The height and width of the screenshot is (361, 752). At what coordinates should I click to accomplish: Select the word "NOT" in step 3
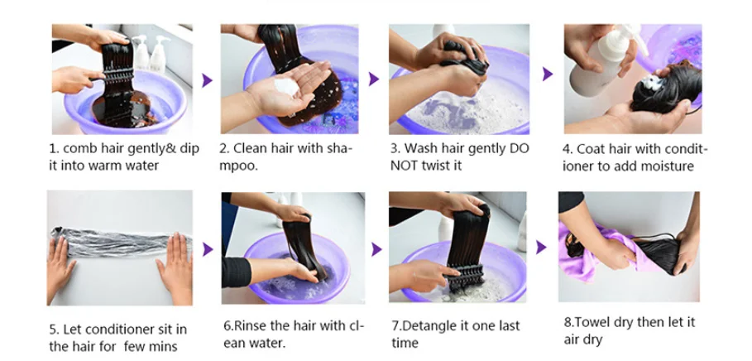pyautogui.click(x=405, y=166)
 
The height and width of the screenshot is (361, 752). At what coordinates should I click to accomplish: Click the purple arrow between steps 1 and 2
pyautogui.click(x=207, y=80)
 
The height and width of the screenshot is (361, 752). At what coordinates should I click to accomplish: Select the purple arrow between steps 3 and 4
pyautogui.click(x=547, y=74)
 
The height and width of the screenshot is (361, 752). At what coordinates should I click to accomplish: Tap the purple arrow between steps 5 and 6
pyautogui.click(x=208, y=249)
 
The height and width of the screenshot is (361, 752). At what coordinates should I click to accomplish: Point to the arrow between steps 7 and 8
pyautogui.click(x=541, y=248)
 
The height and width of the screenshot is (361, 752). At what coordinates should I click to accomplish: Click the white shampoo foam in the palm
pyautogui.click(x=286, y=87)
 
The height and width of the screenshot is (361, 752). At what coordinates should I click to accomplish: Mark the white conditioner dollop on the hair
pyautogui.click(x=651, y=83)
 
